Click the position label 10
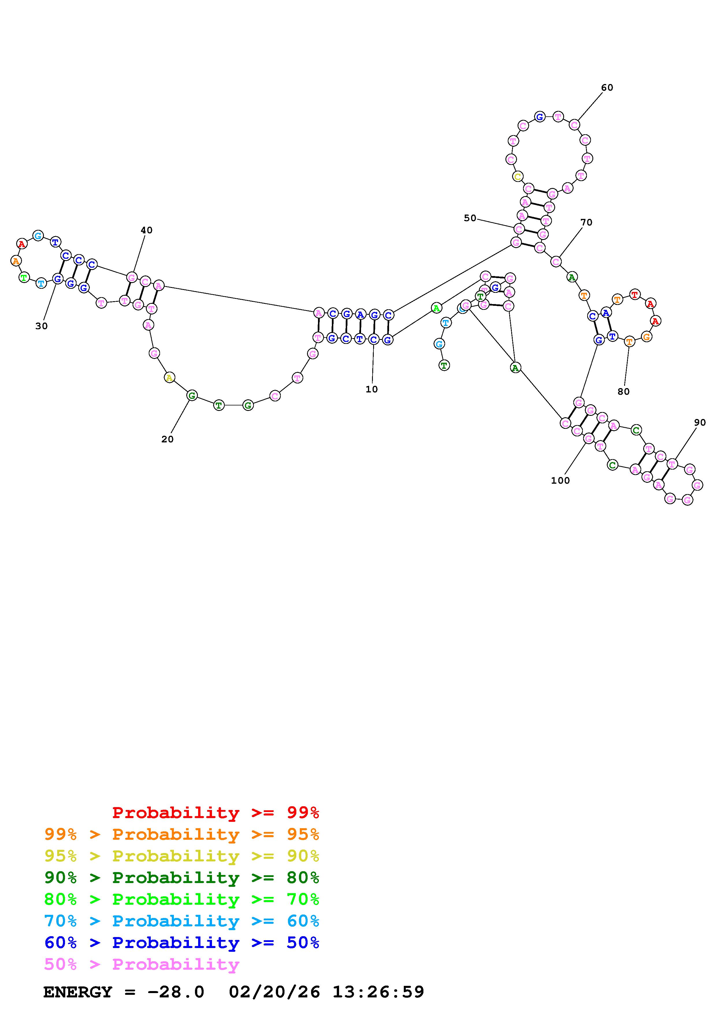tap(371, 389)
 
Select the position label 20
tap(167, 439)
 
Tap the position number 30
tap(42, 326)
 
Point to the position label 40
tap(146, 230)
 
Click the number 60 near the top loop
tap(607, 87)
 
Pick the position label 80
tap(623, 391)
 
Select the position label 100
tap(560, 481)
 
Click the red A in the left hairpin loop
tap(22, 243)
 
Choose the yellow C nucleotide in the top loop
tap(518, 176)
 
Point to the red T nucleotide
tap(634, 294)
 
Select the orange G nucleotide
tap(646, 337)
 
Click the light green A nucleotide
tap(436, 308)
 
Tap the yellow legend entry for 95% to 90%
tap(181, 856)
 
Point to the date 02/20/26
tap(274, 992)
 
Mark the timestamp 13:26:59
tap(378, 992)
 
